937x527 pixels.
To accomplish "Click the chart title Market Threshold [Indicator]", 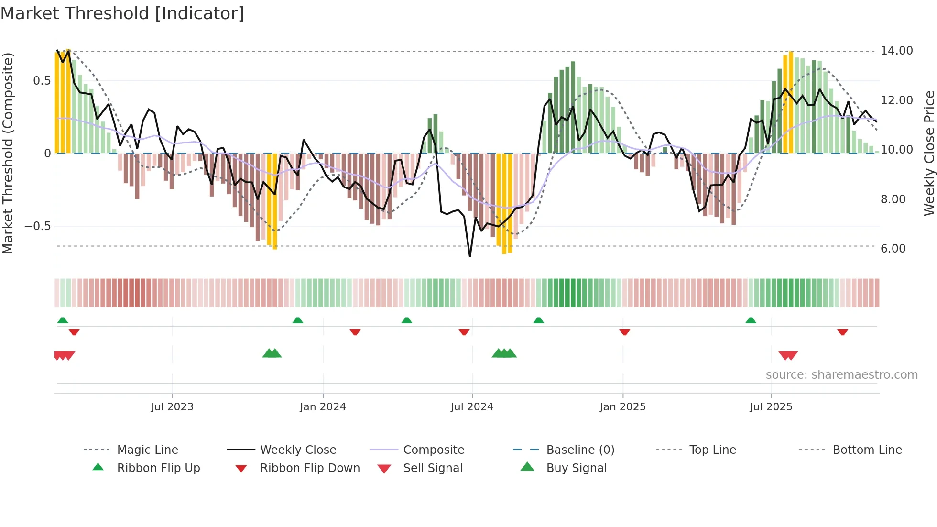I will tap(122, 13).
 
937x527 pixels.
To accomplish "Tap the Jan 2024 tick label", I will tap(323, 406).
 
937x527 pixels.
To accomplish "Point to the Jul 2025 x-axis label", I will tap(771, 406).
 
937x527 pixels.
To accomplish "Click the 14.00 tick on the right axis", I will tap(896, 51).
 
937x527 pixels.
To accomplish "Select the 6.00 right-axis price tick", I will tap(893, 248).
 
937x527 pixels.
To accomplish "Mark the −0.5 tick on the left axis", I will tap(37, 226).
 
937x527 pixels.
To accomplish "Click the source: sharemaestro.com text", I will tap(841, 374).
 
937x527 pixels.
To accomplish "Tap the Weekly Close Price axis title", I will tap(929, 153).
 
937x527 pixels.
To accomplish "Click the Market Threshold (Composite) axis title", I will tap(8, 153).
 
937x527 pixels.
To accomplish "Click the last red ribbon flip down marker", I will tap(842, 332).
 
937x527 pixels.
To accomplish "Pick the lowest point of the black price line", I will tap(470, 256).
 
